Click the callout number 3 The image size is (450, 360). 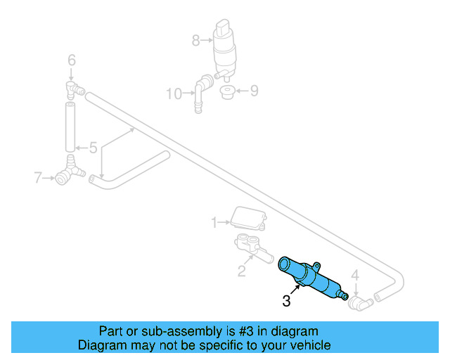click(x=287, y=302)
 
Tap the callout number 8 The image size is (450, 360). click(x=196, y=41)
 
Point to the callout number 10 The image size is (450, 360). click(x=173, y=92)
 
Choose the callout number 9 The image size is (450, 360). click(x=255, y=90)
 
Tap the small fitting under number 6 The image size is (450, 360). click(x=73, y=88)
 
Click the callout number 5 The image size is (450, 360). click(x=92, y=148)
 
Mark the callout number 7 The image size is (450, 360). click(x=39, y=178)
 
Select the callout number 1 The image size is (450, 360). click(x=215, y=223)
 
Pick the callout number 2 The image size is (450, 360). click(x=241, y=271)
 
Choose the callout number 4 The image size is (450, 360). click(x=355, y=274)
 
